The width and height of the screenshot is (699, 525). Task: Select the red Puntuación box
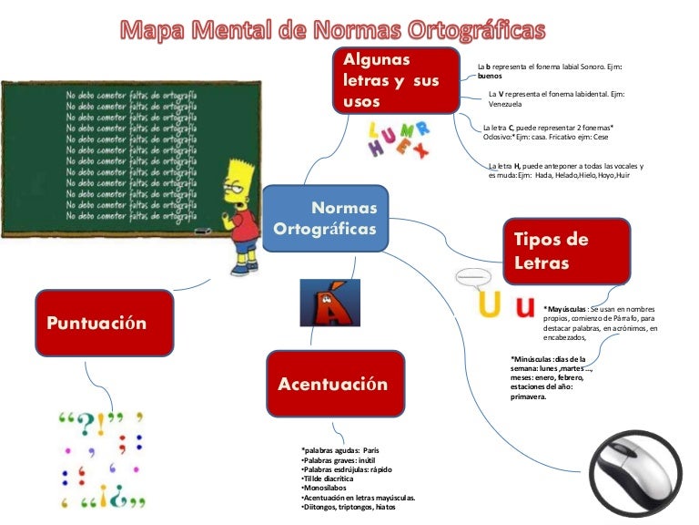click(x=104, y=323)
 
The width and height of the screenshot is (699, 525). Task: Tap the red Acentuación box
click(x=332, y=384)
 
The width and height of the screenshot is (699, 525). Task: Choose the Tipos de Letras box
click(x=566, y=252)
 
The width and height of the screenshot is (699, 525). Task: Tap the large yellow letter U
click(x=489, y=307)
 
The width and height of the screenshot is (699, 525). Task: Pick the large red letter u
click(x=524, y=307)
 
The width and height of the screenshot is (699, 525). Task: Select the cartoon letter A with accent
click(x=317, y=302)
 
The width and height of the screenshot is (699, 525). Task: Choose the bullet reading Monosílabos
click(x=325, y=489)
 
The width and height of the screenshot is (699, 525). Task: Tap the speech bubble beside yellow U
click(x=471, y=275)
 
